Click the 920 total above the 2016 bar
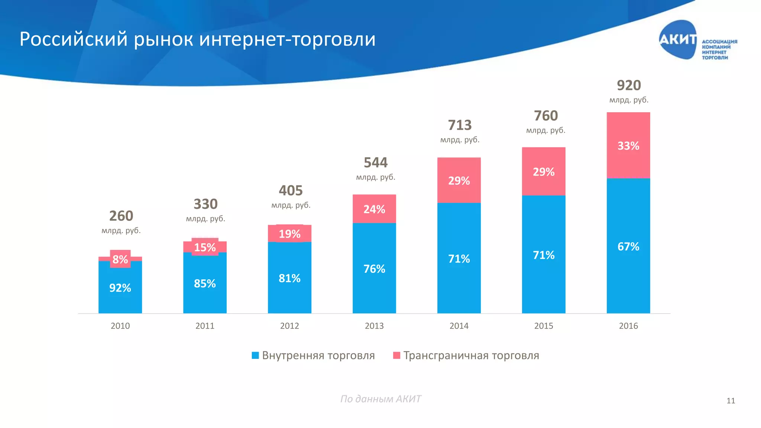[x=629, y=85]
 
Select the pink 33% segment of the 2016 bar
[x=628, y=145]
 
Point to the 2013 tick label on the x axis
[x=374, y=326]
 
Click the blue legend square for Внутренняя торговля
[x=255, y=356]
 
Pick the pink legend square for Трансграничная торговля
[x=396, y=356]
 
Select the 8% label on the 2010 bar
[x=120, y=259]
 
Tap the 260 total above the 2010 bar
[x=121, y=216]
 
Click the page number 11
[x=731, y=401]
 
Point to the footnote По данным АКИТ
[x=380, y=399]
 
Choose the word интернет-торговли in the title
[x=287, y=39]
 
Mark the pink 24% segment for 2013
[x=374, y=209]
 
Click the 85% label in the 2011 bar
[x=205, y=283]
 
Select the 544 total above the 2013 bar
[x=375, y=163]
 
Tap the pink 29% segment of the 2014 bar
[x=459, y=181]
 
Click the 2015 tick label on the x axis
[x=544, y=326]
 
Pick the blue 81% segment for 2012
[x=289, y=278]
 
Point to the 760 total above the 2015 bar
[x=546, y=116]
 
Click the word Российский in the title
[x=74, y=39]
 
